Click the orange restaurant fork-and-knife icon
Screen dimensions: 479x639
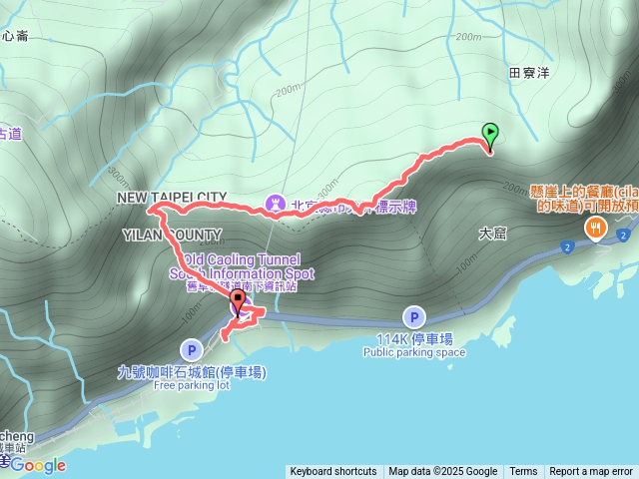point(596,229)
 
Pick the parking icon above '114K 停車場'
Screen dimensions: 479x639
point(413,317)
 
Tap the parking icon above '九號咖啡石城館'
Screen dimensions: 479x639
point(191,349)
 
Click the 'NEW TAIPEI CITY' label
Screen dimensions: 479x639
point(172,198)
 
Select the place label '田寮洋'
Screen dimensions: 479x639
point(529,73)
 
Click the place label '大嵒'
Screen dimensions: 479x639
point(493,233)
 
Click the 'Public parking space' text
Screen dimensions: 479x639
point(413,352)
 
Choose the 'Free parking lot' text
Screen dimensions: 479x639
point(192,385)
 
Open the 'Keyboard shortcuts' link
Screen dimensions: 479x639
point(333,472)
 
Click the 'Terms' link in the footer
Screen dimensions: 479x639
point(523,472)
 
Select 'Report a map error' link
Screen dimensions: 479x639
point(591,472)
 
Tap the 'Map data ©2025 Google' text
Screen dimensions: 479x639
point(442,472)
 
